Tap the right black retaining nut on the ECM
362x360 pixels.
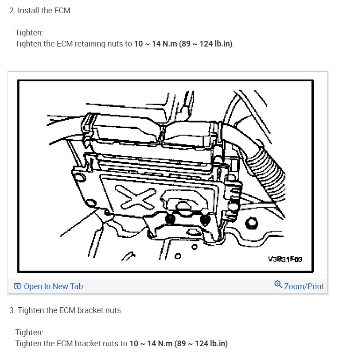(204, 219)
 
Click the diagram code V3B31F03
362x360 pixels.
(285, 259)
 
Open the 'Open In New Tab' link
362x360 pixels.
(53, 286)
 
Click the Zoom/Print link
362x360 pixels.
(304, 286)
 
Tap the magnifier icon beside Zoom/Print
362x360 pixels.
(278, 285)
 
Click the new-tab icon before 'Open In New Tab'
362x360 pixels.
(17, 286)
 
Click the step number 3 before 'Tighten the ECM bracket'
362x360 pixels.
(12, 310)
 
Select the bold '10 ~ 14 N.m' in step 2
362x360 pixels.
(155, 44)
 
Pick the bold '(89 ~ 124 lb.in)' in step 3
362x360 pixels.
(202, 344)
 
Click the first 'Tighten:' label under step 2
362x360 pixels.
(29, 33)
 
